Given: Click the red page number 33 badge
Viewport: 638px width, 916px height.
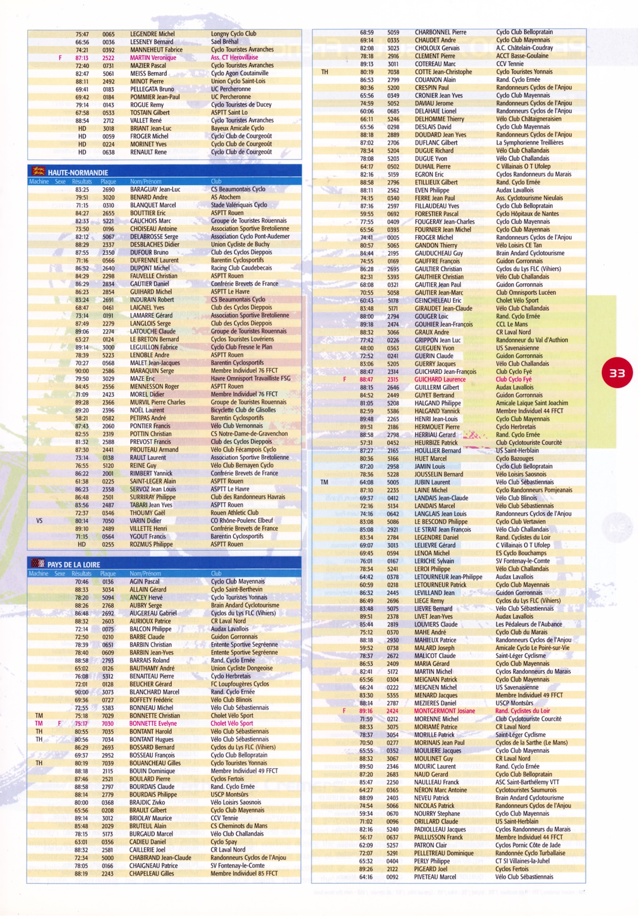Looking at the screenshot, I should [x=617, y=373].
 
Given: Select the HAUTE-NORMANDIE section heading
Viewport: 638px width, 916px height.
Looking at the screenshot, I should [x=78, y=173].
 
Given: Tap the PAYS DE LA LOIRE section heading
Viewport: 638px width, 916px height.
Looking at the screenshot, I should [x=73, y=565].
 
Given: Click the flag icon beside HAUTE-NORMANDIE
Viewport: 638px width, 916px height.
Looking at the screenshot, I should [x=38, y=172].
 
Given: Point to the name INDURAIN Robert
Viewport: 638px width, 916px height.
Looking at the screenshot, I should [x=152, y=300].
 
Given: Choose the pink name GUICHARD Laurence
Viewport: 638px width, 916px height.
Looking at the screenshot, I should [x=439, y=379].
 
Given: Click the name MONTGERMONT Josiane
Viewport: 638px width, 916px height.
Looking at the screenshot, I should [x=444, y=711].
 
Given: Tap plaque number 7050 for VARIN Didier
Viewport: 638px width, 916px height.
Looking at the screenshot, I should [x=108, y=521].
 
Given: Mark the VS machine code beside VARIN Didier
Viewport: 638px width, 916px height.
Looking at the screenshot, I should [x=39, y=521].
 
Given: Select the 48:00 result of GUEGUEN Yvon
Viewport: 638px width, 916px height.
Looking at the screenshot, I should [x=366, y=348].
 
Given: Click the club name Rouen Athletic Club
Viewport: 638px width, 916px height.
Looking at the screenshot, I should [x=234, y=513].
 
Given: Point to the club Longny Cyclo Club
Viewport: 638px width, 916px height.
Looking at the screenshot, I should [x=233, y=34].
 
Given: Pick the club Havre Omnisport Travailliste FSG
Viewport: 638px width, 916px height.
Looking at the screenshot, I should [x=250, y=378].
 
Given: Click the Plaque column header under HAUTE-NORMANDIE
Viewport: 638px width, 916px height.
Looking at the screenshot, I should [x=108, y=181].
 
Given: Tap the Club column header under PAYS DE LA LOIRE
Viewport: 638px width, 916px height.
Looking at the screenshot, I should [x=216, y=573].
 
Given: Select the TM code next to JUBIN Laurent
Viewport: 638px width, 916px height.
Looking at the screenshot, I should [x=324, y=482].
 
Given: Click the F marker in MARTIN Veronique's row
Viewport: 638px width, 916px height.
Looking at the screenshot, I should [x=60, y=58].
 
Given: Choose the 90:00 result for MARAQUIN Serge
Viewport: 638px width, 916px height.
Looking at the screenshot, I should [x=82, y=371].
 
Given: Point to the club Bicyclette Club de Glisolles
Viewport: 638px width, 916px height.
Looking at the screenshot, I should [x=243, y=410].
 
